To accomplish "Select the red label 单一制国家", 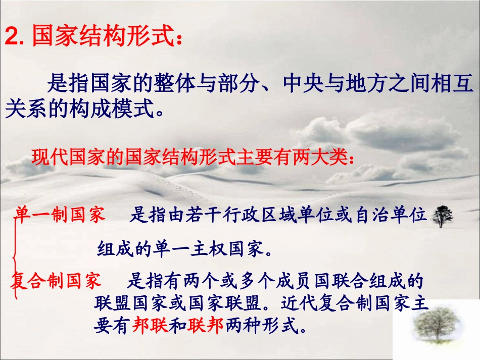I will [x=60, y=215].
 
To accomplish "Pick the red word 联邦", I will [x=205, y=327].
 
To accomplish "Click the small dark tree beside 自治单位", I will [x=443, y=216].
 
